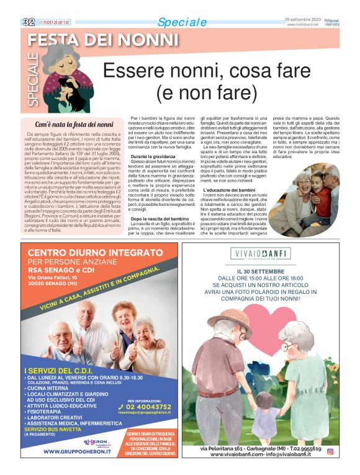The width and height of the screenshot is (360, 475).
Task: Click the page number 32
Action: tap(29, 21)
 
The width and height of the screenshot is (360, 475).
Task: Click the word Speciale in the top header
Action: tap(182, 22)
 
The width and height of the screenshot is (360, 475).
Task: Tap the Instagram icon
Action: tap(330, 451)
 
